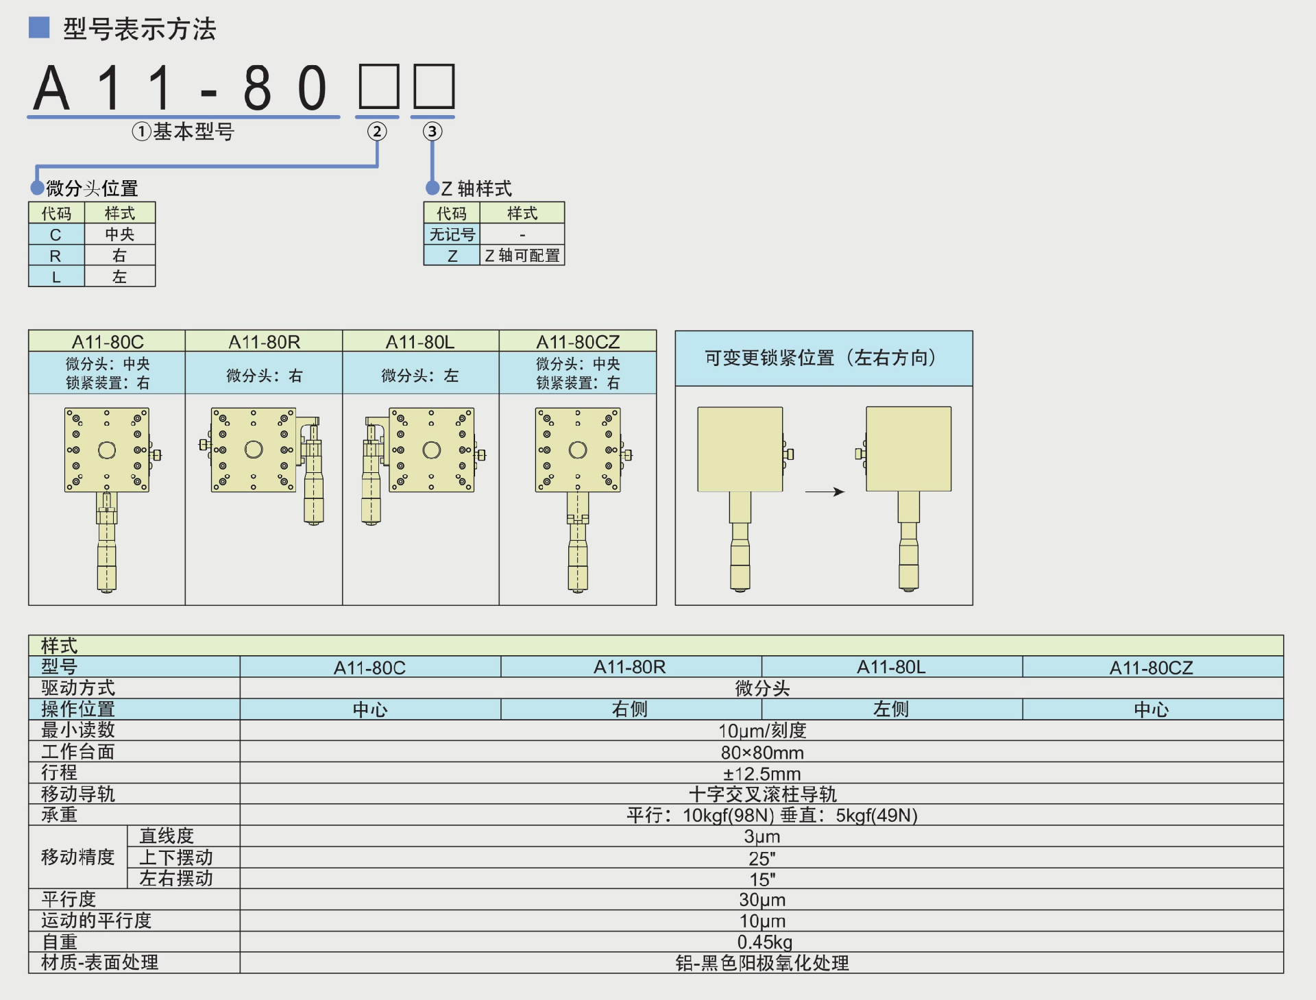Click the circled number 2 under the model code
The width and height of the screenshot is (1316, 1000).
tap(376, 132)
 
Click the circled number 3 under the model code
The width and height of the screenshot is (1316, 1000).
tap(432, 132)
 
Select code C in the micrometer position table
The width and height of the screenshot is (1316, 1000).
tap(56, 234)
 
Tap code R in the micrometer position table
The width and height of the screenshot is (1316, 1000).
tap(56, 256)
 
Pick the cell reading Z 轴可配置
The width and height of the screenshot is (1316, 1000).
tap(522, 256)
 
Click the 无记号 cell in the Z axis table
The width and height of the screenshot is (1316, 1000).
tap(452, 234)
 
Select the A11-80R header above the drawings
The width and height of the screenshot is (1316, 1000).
tap(264, 341)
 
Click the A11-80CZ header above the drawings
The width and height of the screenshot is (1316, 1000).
tap(578, 341)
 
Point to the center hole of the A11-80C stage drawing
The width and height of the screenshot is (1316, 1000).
tap(107, 450)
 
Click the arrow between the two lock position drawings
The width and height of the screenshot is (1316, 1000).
tap(825, 491)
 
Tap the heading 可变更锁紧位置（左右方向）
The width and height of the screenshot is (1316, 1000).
tap(822, 358)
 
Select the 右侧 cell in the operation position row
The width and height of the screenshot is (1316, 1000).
tap(631, 709)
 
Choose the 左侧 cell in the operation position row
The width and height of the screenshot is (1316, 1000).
tap(891, 709)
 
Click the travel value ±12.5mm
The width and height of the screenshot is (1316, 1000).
tap(761, 774)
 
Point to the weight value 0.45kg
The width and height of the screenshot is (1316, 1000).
tap(764, 942)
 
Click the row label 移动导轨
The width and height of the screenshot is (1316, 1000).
tap(78, 794)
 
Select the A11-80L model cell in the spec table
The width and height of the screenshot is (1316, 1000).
tap(891, 667)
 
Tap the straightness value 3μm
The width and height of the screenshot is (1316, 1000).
tap(761, 836)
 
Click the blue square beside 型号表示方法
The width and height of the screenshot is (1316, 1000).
tap(39, 27)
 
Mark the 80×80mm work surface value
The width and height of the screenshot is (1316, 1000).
tap(761, 753)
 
